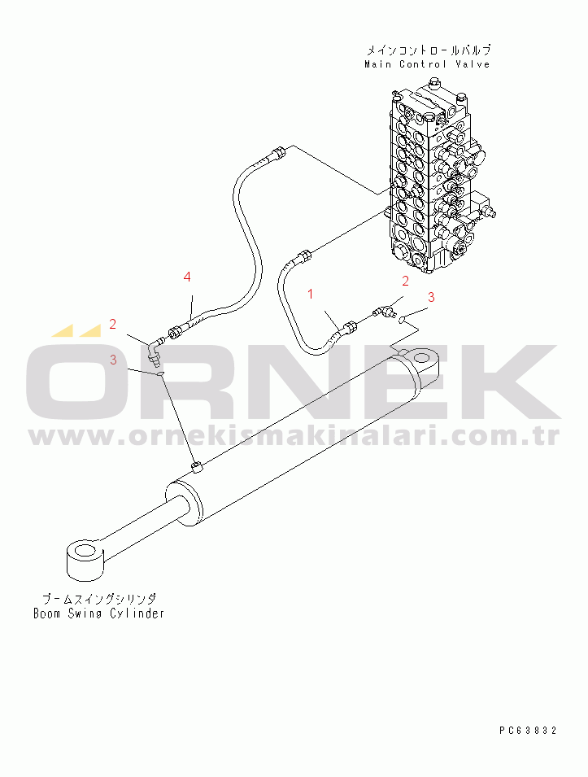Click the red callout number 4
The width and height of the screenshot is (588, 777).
pyautogui.click(x=187, y=277)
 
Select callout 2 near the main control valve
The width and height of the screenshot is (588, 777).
pyautogui.click(x=404, y=282)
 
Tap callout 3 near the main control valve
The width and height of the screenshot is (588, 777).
pyautogui.click(x=431, y=297)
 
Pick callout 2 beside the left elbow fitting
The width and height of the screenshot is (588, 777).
pyautogui.click(x=113, y=325)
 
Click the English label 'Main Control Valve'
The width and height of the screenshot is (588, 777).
pyautogui.click(x=427, y=64)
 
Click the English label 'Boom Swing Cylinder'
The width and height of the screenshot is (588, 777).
pyautogui.click(x=98, y=613)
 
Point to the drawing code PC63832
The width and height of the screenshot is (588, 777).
pyautogui.click(x=528, y=731)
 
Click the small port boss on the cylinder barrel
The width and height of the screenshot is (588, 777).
pyautogui.click(x=197, y=466)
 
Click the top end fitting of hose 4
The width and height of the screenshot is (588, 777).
pyautogui.click(x=280, y=152)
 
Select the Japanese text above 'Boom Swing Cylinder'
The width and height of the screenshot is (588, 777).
pyautogui.click(x=98, y=598)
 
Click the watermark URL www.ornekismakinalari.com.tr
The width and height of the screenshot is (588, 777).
pyautogui.click(x=294, y=438)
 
